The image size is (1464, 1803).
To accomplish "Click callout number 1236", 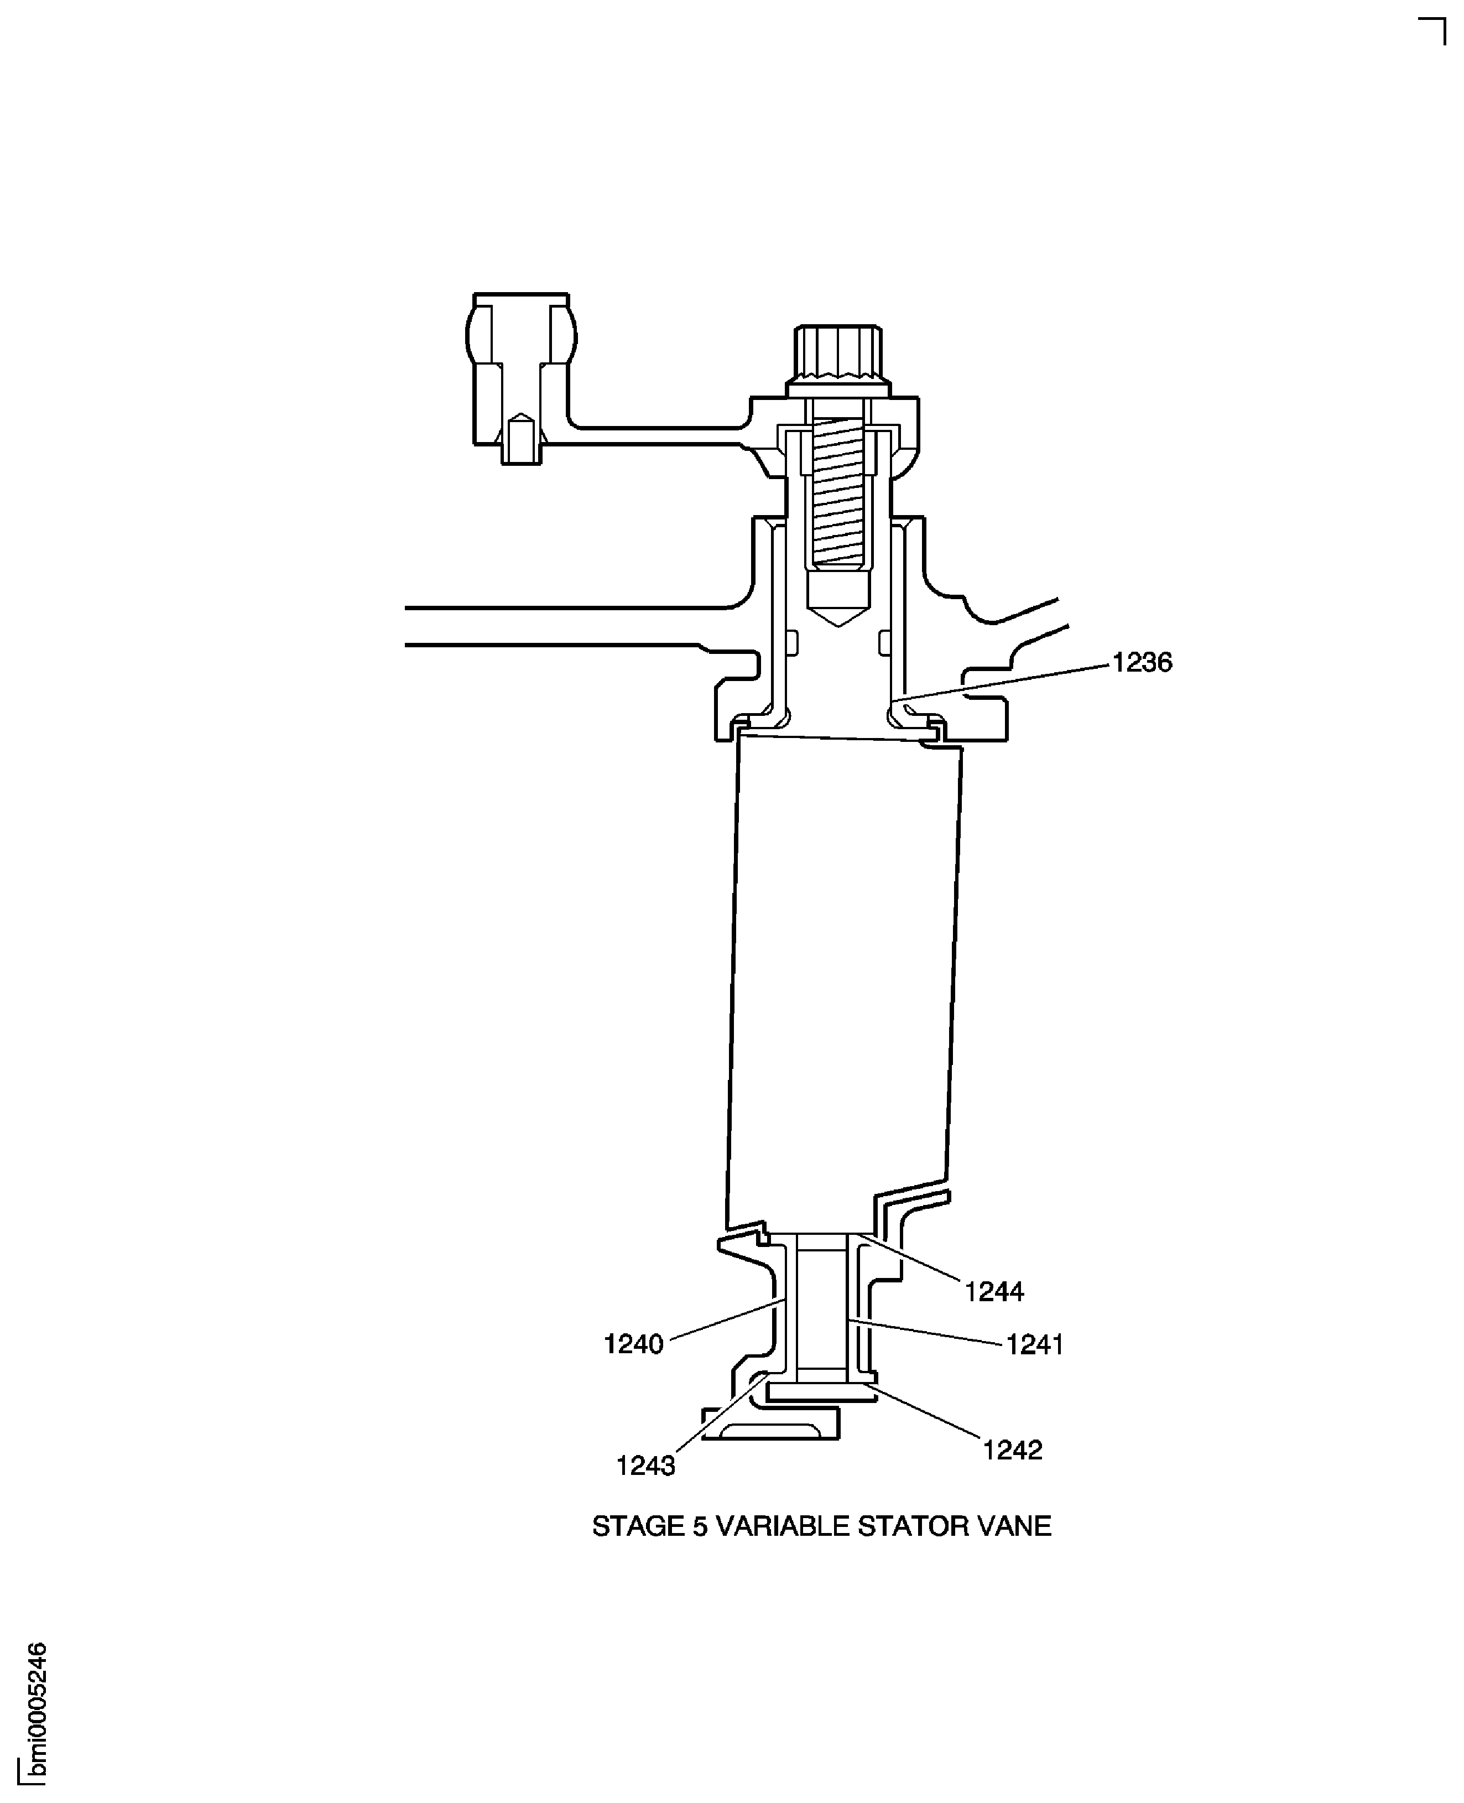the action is pos(1142,663).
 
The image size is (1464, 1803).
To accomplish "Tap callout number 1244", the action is pos(994,1292).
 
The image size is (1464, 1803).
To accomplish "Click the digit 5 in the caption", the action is pos(700,1526).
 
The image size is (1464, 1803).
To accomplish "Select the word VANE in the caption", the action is pos(1012,1526).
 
